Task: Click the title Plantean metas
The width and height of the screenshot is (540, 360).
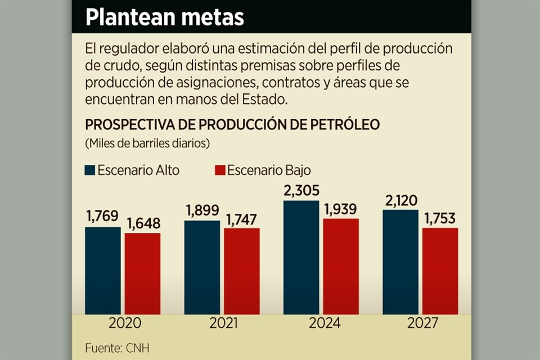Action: click(165, 17)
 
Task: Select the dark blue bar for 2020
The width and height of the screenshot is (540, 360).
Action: click(103, 270)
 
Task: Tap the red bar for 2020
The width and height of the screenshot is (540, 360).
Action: click(142, 273)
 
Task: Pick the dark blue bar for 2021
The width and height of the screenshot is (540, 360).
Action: click(202, 267)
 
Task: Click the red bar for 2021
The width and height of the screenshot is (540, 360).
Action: click(241, 271)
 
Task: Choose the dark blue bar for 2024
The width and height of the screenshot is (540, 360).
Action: click(301, 256)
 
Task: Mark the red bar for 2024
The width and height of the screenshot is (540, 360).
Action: click(340, 265)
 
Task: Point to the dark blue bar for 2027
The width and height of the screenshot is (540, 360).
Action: click(400, 262)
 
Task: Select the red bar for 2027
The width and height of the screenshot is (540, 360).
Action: click(440, 271)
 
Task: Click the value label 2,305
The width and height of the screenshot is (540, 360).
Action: click(301, 191)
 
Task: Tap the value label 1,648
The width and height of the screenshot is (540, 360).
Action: click(142, 224)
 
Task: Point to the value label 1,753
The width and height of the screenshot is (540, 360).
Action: click(440, 219)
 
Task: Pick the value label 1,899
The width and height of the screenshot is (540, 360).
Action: click(202, 211)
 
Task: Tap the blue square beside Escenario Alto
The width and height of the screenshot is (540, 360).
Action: click(90, 170)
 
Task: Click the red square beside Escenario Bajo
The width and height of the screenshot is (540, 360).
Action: click(220, 170)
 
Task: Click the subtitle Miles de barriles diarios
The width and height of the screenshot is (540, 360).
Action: click(147, 143)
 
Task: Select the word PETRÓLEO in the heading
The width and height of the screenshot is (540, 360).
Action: click(345, 124)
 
